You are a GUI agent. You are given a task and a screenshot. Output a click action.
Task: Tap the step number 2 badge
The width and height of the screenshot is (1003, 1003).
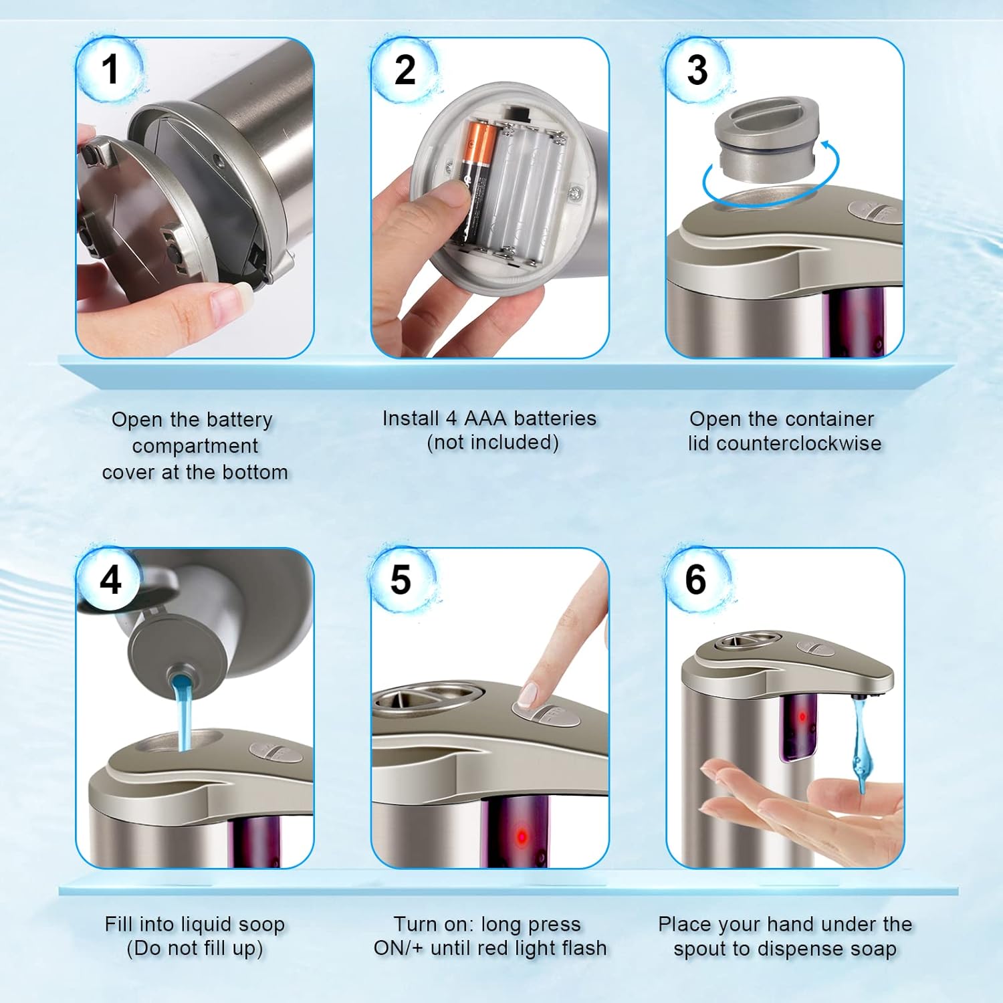405,70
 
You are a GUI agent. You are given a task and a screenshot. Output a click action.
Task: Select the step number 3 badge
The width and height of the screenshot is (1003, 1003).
697,70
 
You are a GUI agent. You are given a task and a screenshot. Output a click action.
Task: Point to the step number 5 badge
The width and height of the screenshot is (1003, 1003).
402,580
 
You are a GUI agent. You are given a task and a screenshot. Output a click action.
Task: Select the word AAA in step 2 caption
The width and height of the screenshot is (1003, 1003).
486,419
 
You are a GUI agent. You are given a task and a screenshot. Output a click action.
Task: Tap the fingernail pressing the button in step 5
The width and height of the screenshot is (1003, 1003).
528,695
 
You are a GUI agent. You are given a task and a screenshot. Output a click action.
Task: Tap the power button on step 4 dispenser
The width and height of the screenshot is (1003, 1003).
275,752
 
